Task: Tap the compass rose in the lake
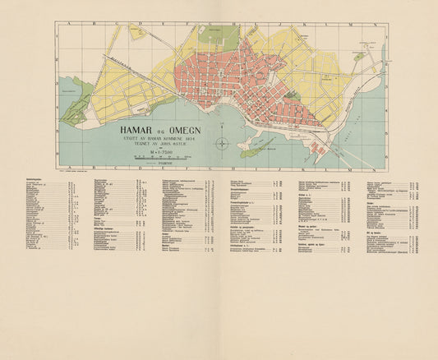[x=224, y=144]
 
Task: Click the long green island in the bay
[x=261, y=149]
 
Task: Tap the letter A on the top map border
[x=70, y=24]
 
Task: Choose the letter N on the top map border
[x=374, y=24]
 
